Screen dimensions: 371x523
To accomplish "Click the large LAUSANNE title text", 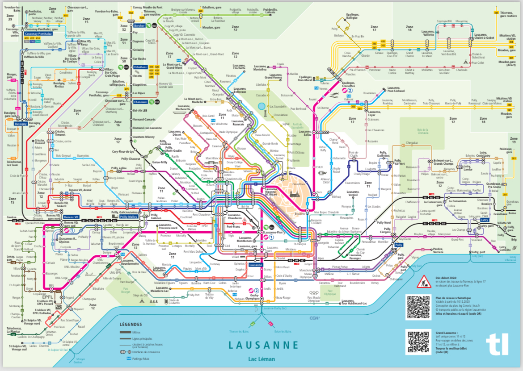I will [263, 345].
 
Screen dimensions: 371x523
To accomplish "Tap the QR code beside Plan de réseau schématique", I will [418, 307].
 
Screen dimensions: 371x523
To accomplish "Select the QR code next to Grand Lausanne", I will [418, 342].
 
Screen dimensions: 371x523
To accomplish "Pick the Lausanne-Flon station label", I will [274, 232].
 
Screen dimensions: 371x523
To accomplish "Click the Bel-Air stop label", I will [245, 207].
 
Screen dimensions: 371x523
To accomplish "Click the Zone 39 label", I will [10, 17].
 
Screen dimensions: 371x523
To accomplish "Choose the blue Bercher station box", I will [139, 25].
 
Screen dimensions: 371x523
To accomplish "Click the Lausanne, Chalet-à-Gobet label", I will [483, 37].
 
